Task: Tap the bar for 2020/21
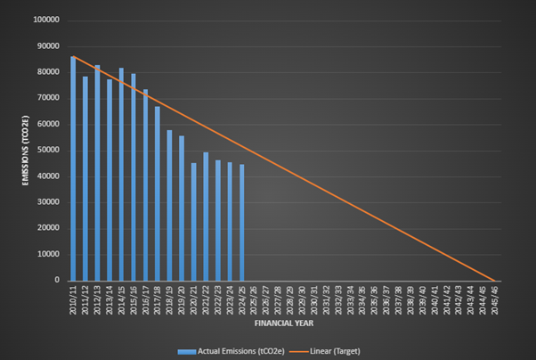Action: click(x=193, y=222)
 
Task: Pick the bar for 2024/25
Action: click(x=241, y=223)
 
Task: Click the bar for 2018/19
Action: click(x=169, y=206)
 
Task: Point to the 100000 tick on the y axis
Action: click(x=47, y=20)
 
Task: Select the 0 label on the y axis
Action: click(x=58, y=279)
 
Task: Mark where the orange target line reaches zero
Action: click(x=494, y=280)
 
